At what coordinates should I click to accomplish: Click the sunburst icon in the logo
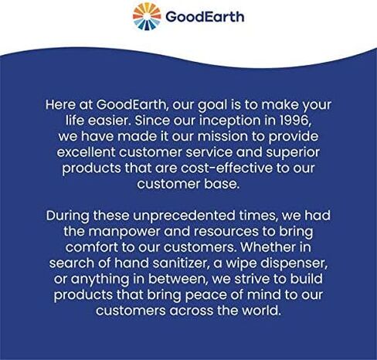click(147, 16)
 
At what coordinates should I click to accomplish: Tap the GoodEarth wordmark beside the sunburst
click(205, 17)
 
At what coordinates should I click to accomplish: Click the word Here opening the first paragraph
click(61, 104)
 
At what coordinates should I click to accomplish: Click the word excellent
click(86, 152)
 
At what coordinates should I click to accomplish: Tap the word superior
click(293, 153)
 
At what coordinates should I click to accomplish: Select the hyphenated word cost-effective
click(226, 168)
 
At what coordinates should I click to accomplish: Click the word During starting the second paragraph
click(68, 216)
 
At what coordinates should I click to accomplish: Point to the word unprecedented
click(184, 216)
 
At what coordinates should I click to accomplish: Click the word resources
click(226, 232)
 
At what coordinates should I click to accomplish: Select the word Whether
click(267, 247)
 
